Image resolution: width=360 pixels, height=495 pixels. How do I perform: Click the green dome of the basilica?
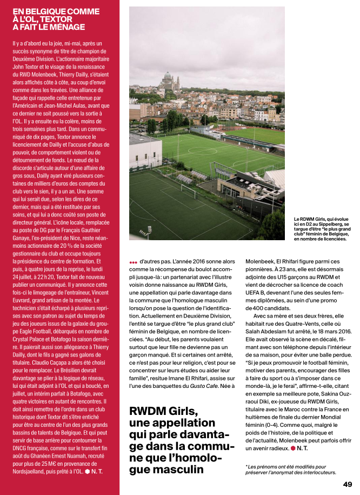(168, 76)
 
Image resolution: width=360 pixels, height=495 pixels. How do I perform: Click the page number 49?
(347, 484)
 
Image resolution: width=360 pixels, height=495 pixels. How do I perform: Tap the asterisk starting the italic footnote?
(247, 466)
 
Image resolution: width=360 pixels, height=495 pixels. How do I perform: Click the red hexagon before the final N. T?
(293, 448)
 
